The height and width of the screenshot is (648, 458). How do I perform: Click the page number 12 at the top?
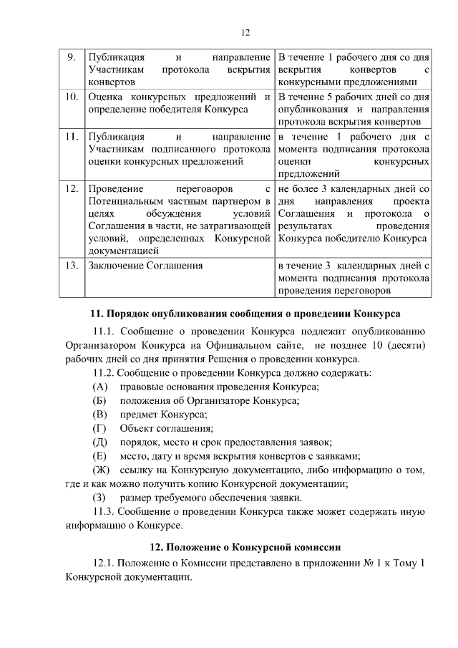[x=244, y=33]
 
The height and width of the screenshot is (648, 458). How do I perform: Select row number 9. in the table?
[x=71, y=57]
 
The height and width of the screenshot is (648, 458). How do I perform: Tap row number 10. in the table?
[x=71, y=96]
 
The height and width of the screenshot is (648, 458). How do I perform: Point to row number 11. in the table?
[x=71, y=135]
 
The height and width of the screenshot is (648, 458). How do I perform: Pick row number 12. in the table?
[x=71, y=188]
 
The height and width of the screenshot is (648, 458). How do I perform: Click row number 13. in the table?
[x=71, y=265]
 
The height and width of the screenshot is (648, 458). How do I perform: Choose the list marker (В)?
[x=100, y=415]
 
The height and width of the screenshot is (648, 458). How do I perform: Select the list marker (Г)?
[x=100, y=428]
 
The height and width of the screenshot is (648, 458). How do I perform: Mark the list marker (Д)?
[x=100, y=443]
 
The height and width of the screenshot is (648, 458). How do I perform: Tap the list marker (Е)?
[x=100, y=456]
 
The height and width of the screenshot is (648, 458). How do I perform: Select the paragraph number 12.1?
[x=105, y=564]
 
